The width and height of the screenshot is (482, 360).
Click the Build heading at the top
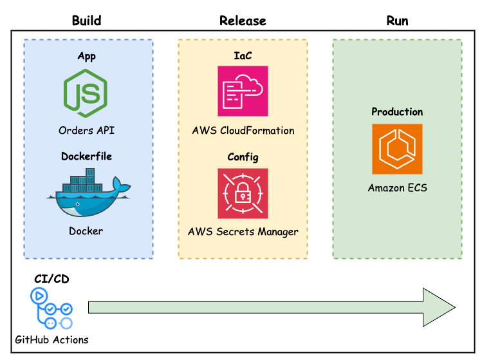(x=86, y=21)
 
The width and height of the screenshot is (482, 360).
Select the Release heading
(x=243, y=21)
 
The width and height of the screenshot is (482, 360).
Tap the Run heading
(x=397, y=21)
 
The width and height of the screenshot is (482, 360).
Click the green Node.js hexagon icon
(x=86, y=93)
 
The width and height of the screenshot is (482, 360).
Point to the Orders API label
(x=86, y=130)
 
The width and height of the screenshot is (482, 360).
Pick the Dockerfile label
(x=86, y=156)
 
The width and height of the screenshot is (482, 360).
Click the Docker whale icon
(x=86, y=193)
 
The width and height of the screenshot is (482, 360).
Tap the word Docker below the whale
(x=86, y=231)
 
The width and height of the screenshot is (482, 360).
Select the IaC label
(x=243, y=56)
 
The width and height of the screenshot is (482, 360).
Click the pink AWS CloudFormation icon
(x=243, y=91)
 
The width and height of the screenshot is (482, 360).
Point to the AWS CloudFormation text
(x=243, y=131)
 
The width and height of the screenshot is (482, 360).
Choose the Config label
(x=243, y=157)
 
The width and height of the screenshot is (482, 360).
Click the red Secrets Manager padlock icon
(x=243, y=193)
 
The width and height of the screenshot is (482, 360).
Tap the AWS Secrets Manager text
(x=243, y=231)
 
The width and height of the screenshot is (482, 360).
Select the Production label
(x=397, y=111)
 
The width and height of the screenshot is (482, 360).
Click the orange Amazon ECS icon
(x=397, y=149)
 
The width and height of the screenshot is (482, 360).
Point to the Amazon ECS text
(x=397, y=188)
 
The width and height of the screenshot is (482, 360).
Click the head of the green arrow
(x=438, y=307)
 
